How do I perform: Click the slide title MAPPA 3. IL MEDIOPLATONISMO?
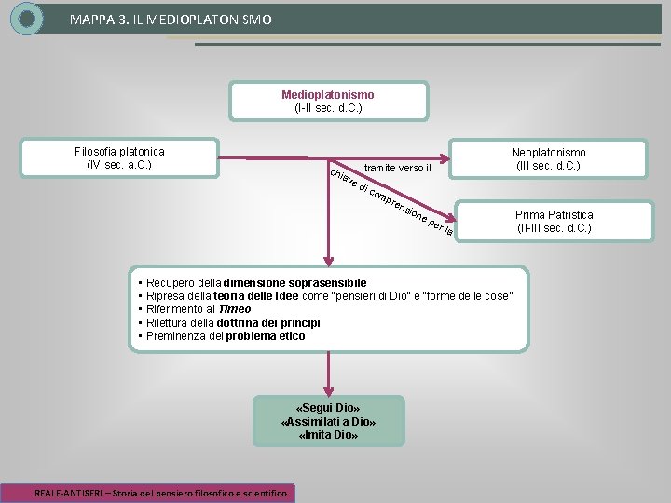(171, 18)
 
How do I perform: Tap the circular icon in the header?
(27, 18)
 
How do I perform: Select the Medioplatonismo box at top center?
(328, 102)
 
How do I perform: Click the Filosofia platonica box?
(119, 158)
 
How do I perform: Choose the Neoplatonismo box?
(548, 159)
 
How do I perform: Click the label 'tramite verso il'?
(398, 168)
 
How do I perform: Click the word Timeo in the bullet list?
(234, 309)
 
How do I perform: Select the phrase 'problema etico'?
(265, 336)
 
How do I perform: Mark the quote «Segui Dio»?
(328, 408)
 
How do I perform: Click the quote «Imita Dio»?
(328, 435)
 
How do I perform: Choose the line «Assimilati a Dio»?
(328, 422)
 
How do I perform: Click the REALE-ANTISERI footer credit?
(161, 492)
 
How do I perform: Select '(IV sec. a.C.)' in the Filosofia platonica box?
(119, 165)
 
